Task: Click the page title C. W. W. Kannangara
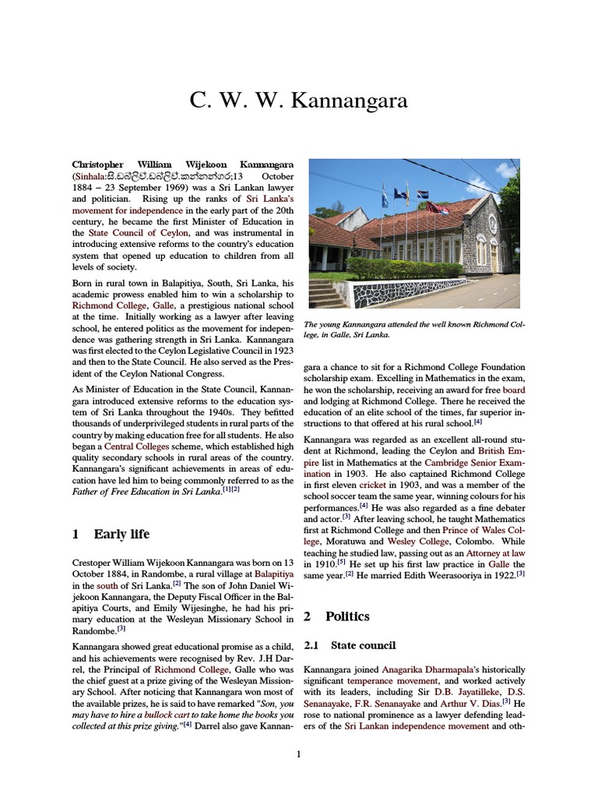coord(298,101)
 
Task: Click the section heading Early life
coord(121,534)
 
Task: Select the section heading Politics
coord(347,616)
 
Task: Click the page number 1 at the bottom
coord(298,754)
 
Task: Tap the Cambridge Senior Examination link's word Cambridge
coord(452,461)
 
